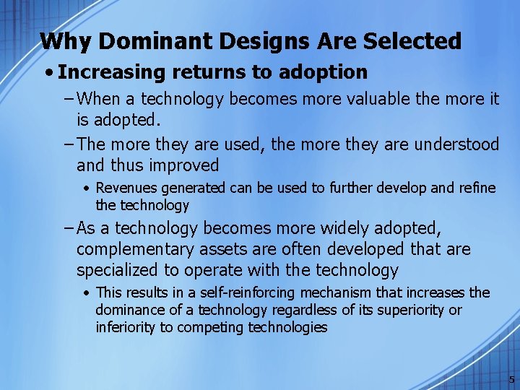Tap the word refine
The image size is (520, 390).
[x=477, y=188]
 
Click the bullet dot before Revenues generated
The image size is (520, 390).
[x=86, y=188]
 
